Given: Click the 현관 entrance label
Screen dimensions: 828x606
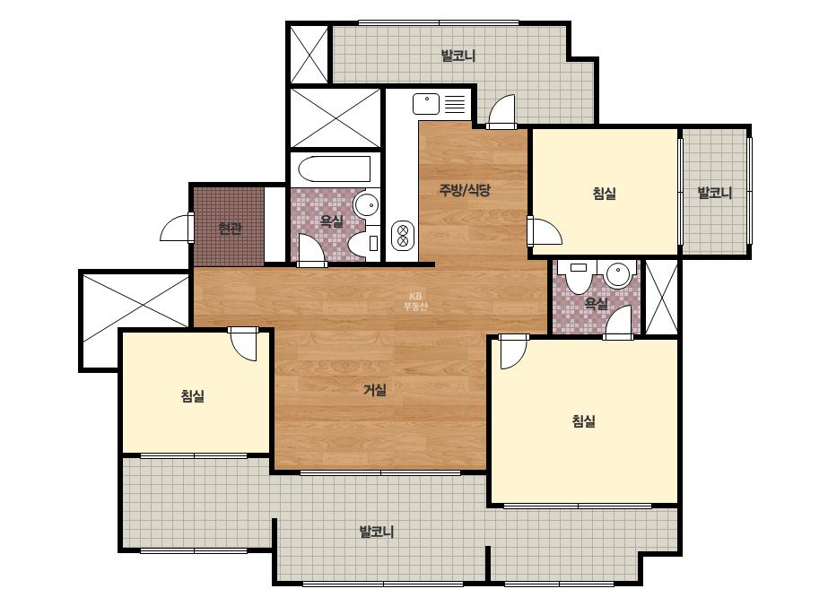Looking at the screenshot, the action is coord(230,229).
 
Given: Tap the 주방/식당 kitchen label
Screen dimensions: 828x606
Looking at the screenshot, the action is coord(465,189).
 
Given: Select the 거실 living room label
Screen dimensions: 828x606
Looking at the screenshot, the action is coord(375,390).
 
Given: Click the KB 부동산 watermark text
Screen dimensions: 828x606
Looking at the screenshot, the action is coord(415,301).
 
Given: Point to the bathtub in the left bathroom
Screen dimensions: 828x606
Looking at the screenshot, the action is coord(335,169).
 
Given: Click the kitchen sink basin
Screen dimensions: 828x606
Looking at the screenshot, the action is coord(426,104).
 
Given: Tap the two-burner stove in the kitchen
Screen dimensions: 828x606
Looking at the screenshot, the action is coord(403,235).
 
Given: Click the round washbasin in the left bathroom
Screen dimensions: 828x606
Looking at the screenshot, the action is coord(366,204).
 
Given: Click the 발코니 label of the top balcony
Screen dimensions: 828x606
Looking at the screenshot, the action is coord(458,56).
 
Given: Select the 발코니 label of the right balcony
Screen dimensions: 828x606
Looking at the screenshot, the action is coord(714,193).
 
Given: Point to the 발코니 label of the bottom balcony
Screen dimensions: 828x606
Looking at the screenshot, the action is coord(377,532).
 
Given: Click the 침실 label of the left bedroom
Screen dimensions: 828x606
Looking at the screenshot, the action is coord(193,396).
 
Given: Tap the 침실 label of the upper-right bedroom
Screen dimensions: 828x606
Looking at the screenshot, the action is coord(604,194).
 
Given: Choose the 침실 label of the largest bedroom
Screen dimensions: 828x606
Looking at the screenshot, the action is coord(583,421).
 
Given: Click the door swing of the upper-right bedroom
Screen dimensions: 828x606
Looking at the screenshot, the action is coord(545,230).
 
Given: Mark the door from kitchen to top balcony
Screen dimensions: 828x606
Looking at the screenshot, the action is coord(501,112).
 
